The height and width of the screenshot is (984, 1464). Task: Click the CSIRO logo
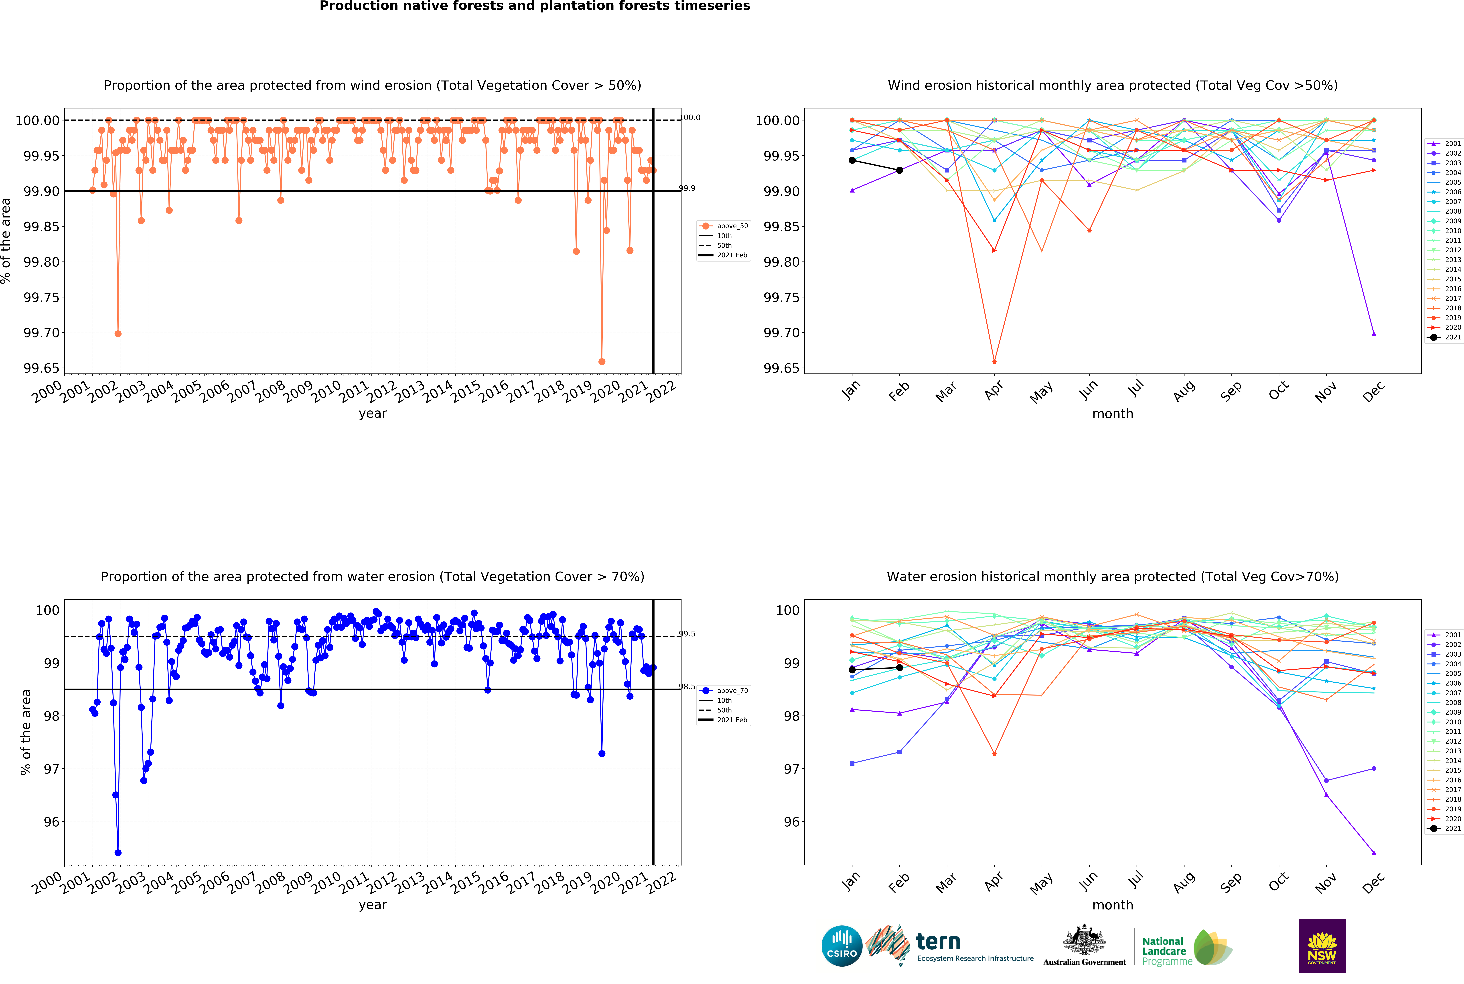(x=841, y=946)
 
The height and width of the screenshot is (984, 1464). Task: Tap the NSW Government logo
(x=1322, y=946)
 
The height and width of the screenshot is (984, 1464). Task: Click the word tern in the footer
(x=938, y=941)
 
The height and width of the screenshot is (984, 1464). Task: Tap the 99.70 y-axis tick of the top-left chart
(x=41, y=333)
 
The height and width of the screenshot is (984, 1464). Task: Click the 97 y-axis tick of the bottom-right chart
(x=792, y=769)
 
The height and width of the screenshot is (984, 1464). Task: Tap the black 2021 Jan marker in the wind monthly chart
(x=852, y=161)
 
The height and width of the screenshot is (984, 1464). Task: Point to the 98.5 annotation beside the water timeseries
(x=687, y=687)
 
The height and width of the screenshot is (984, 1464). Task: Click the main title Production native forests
(x=535, y=6)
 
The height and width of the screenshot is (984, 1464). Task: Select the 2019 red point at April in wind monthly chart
(x=994, y=361)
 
